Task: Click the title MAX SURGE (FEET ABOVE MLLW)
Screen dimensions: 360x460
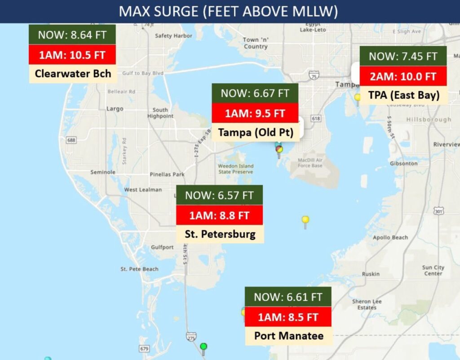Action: click(x=228, y=11)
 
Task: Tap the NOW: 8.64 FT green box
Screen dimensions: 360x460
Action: click(x=72, y=35)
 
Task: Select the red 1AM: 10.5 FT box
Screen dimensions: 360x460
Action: click(x=72, y=55)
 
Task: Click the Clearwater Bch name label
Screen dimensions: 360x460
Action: click(x=73, y=73)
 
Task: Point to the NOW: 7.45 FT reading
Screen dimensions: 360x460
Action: click(x=403, y=56)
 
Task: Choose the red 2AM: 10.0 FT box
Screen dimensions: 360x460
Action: click(x=403, y=76)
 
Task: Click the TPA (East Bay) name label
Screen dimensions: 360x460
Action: click(x=403, y=95)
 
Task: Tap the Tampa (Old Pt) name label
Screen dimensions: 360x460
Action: click(x=255, y=132)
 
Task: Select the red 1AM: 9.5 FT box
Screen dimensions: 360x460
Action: click(x=255, y=113)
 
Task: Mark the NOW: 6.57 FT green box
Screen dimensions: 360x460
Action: click(x=219, y=196)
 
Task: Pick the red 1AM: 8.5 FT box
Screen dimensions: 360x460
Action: click(x=288, y=317)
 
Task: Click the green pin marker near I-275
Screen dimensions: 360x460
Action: click(x=203, y=347)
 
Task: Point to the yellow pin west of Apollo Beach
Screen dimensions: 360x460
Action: click(x=305, y=220)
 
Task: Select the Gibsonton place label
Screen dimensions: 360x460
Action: click(x=403, y=164)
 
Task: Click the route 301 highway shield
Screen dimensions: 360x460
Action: click(x=439, y=211)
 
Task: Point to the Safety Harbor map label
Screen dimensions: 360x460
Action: click(x=170, y=36)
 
